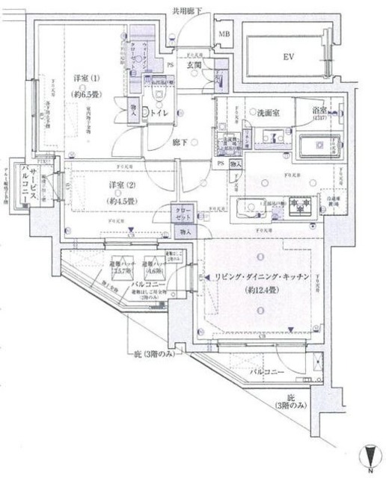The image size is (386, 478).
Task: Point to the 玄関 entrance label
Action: (194, 66)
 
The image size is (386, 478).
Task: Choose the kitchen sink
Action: (250, 208)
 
